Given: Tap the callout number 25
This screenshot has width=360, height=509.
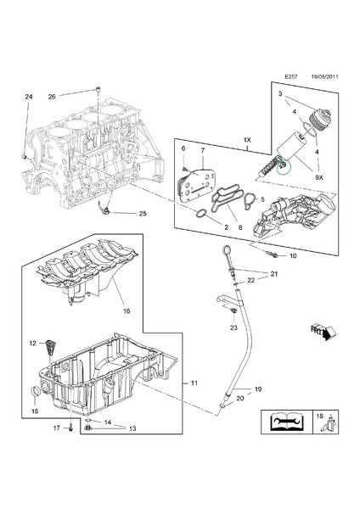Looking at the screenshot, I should [142, 213].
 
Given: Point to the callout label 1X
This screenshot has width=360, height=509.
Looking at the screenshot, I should [246, 139].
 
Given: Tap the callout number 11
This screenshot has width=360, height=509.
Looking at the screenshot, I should [194, 384].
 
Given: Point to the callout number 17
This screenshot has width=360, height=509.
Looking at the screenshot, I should [56, 428].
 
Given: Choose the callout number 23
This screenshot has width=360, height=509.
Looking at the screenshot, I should [233, 327].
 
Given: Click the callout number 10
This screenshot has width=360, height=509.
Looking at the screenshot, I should [293, 255].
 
